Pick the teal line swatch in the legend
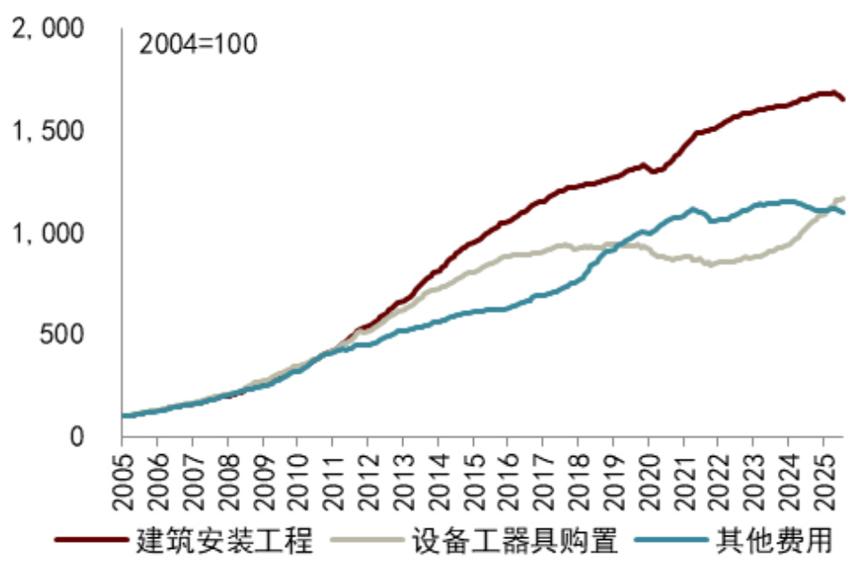pyautogui.click(x=671, y=540)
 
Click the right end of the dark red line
pyautogui.click(x=843, y=98)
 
